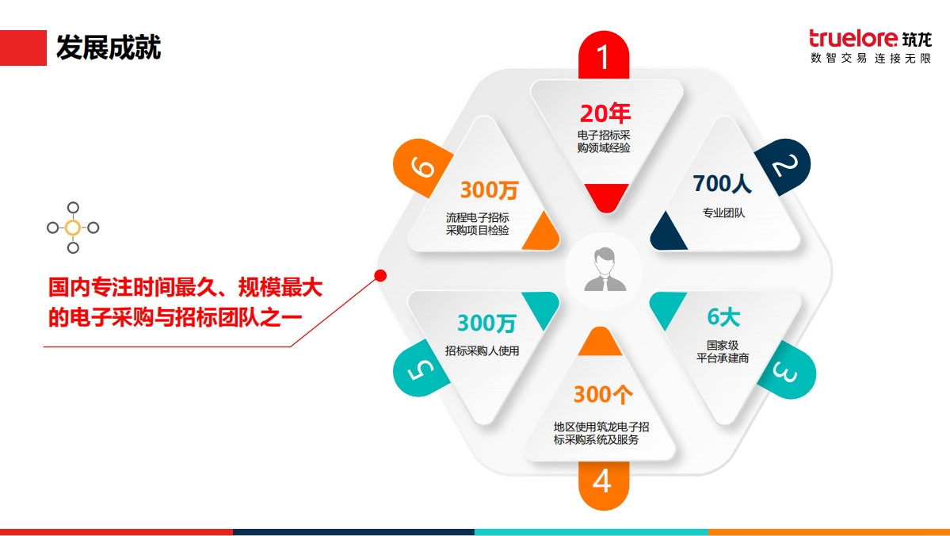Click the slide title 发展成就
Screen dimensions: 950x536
(109, 48)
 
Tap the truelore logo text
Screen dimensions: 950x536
(853, 39)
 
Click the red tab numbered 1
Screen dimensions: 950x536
(604, 56)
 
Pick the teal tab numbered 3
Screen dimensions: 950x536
(787, 370)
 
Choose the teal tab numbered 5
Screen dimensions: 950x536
(421, 368)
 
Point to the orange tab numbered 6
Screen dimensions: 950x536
(422, 167)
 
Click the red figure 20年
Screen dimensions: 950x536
(605, 113)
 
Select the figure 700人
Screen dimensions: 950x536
(722, 183)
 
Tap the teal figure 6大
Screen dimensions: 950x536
(723, 316)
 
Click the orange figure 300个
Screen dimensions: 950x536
(603, 395)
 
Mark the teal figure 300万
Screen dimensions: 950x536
(486, 324)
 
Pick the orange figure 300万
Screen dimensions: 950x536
(489, 190)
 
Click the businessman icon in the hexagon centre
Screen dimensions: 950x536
(604, 270)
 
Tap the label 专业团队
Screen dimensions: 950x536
(723, 212)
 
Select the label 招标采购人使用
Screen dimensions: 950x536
(482, 350)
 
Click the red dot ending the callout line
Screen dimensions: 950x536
(380, 276)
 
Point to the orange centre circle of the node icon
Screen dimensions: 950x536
(73, 228)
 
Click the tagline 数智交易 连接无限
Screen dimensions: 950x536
(871, 58)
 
